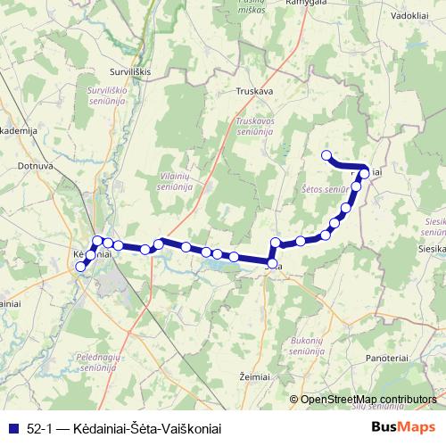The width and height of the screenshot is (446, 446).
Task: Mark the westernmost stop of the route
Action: coord(80,267)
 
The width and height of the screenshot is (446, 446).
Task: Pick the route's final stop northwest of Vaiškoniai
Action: coord(326,155)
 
